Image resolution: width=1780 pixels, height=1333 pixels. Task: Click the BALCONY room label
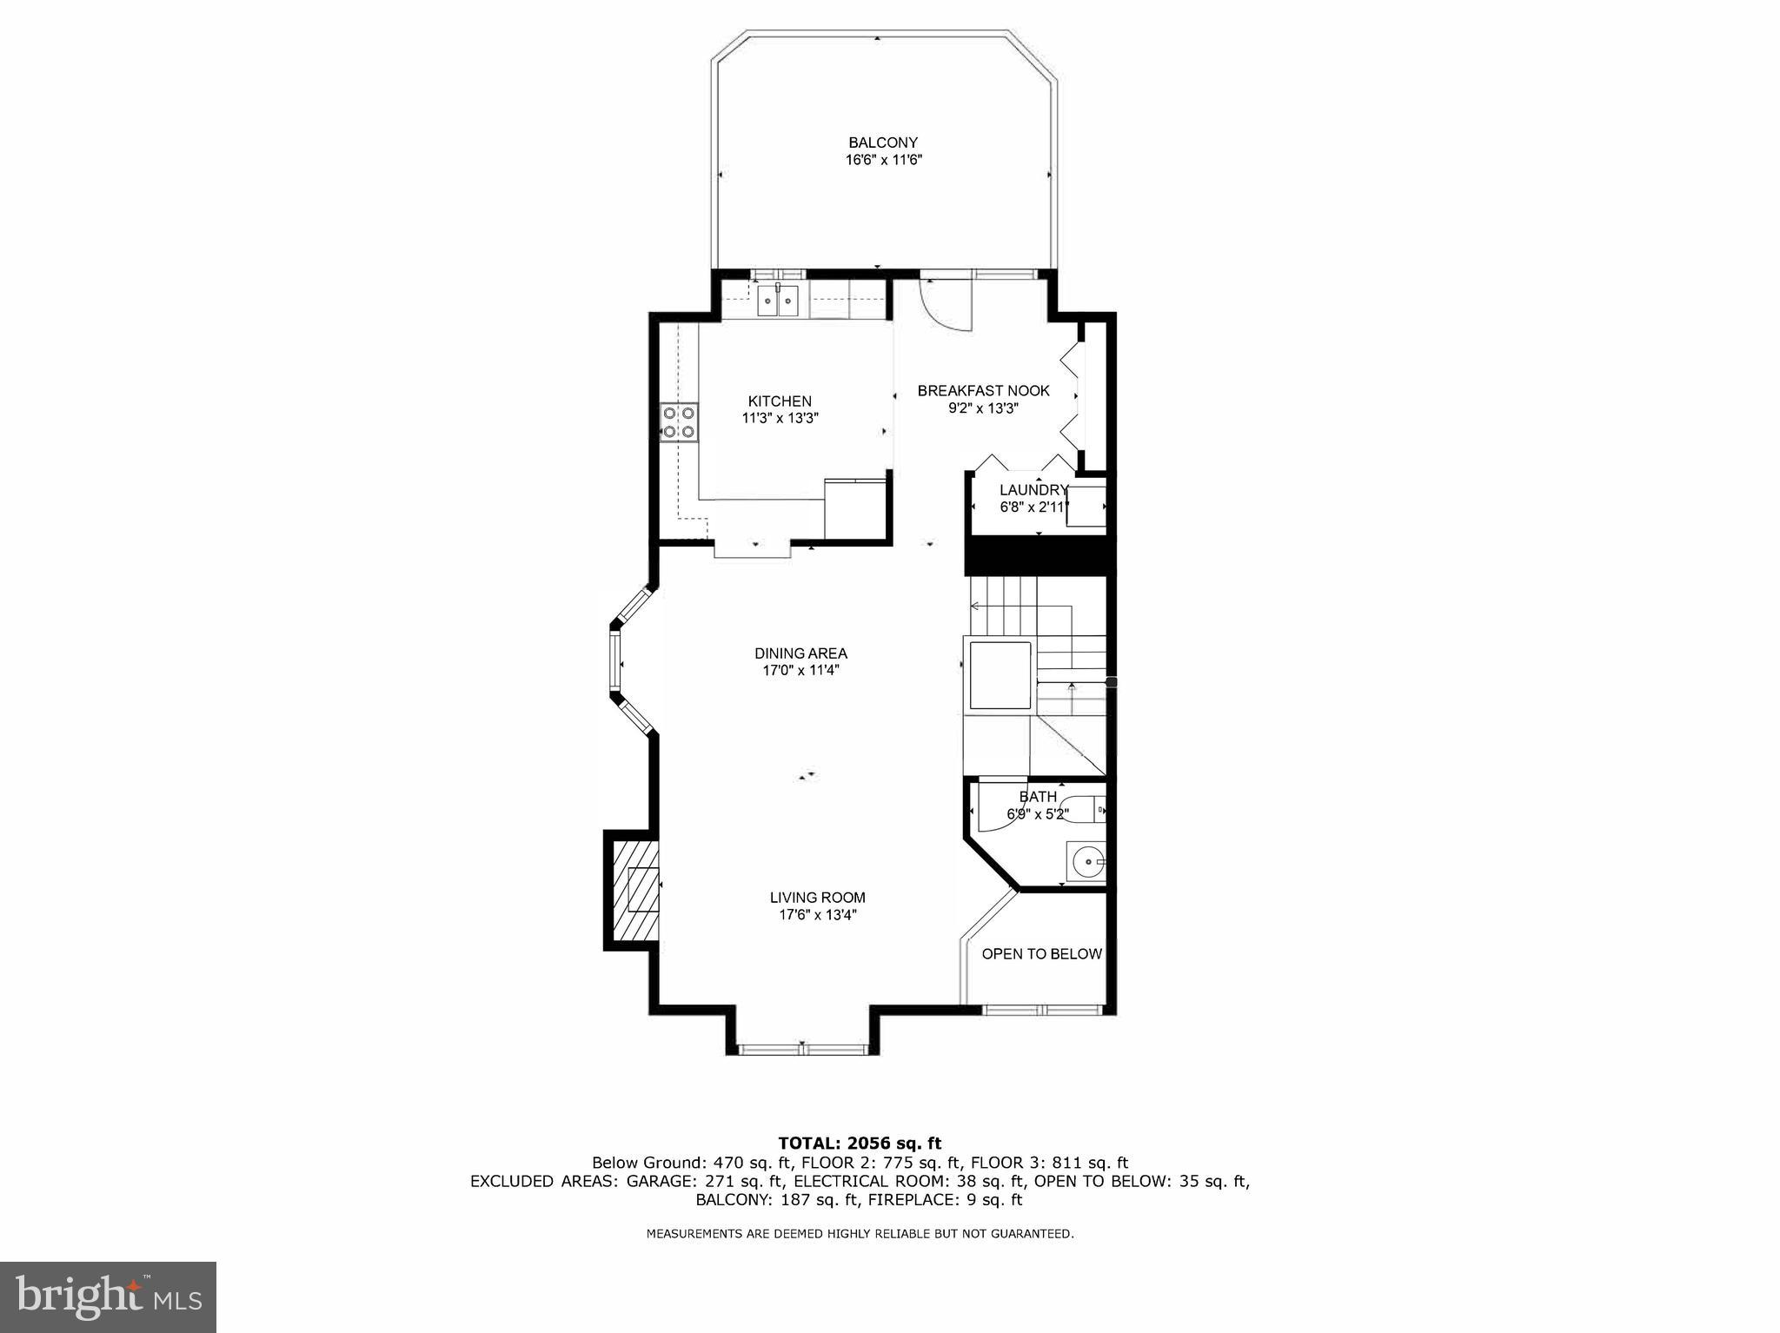pos(883,143)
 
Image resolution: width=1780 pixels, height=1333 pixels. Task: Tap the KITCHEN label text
pos(780,401)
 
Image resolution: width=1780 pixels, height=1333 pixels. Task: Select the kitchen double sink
pos(778,302)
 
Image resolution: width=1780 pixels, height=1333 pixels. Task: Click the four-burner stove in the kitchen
pos(679,422)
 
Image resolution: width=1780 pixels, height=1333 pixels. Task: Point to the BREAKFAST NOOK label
pos(983,391)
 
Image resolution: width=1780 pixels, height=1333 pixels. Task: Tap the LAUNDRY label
pos(1032,490)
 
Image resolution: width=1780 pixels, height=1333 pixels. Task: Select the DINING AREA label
pos(800,653)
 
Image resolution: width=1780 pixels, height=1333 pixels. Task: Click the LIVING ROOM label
pos(817,898)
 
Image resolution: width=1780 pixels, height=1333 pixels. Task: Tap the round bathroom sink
pos(1086,863)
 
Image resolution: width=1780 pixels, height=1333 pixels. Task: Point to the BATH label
pos(1038,797)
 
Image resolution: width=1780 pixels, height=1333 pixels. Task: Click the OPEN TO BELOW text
pos(1041,954)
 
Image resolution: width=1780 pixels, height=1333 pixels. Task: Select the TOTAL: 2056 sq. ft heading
pos(860,1143)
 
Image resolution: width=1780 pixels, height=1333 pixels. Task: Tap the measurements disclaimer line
pos(860,1233)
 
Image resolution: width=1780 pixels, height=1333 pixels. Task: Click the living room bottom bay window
pos(802,1050)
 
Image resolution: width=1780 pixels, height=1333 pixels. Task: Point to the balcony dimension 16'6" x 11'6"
pos(883,160)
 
